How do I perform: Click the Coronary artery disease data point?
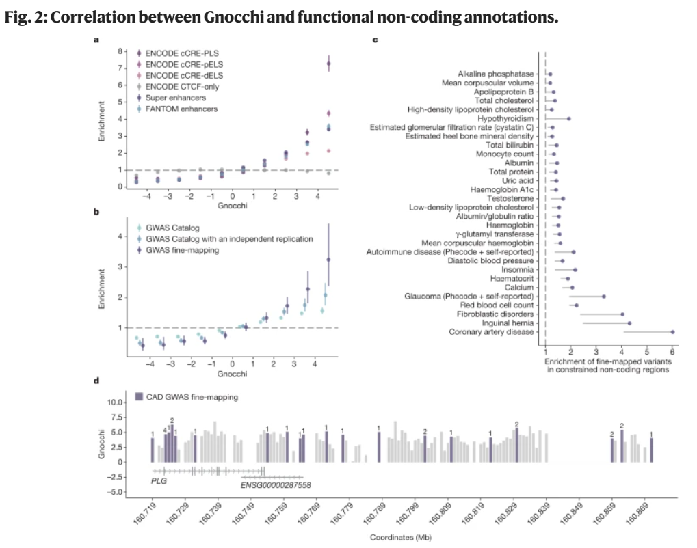click(672, 332)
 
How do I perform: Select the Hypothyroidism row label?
click(505, 119)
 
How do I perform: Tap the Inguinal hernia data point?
click(629, 323)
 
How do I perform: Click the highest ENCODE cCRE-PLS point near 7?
click(328, 64)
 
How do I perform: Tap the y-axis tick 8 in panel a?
click(120, 51)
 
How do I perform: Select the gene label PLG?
click(159, 481)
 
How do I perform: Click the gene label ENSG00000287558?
click(276, 485)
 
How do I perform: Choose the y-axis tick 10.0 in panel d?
click(114, 402)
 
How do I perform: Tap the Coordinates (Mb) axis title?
click(401, 537)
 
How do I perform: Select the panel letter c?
click(375, 40)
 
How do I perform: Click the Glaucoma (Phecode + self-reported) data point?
click(604, 296)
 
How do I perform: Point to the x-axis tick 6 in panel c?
click(672, 352)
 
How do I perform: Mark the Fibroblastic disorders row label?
click(495, 314)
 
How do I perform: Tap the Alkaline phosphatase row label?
click(496, 74)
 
